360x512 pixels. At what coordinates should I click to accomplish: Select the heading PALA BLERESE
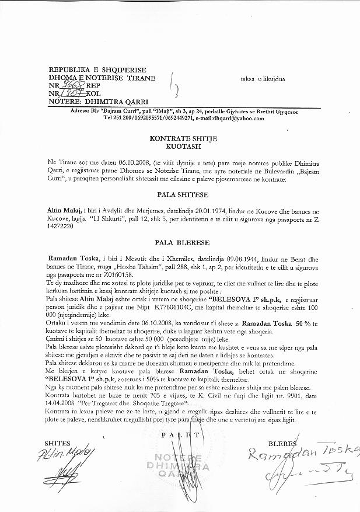pos(180,241)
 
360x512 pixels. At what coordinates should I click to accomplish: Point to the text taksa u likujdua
pos(263,78)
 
